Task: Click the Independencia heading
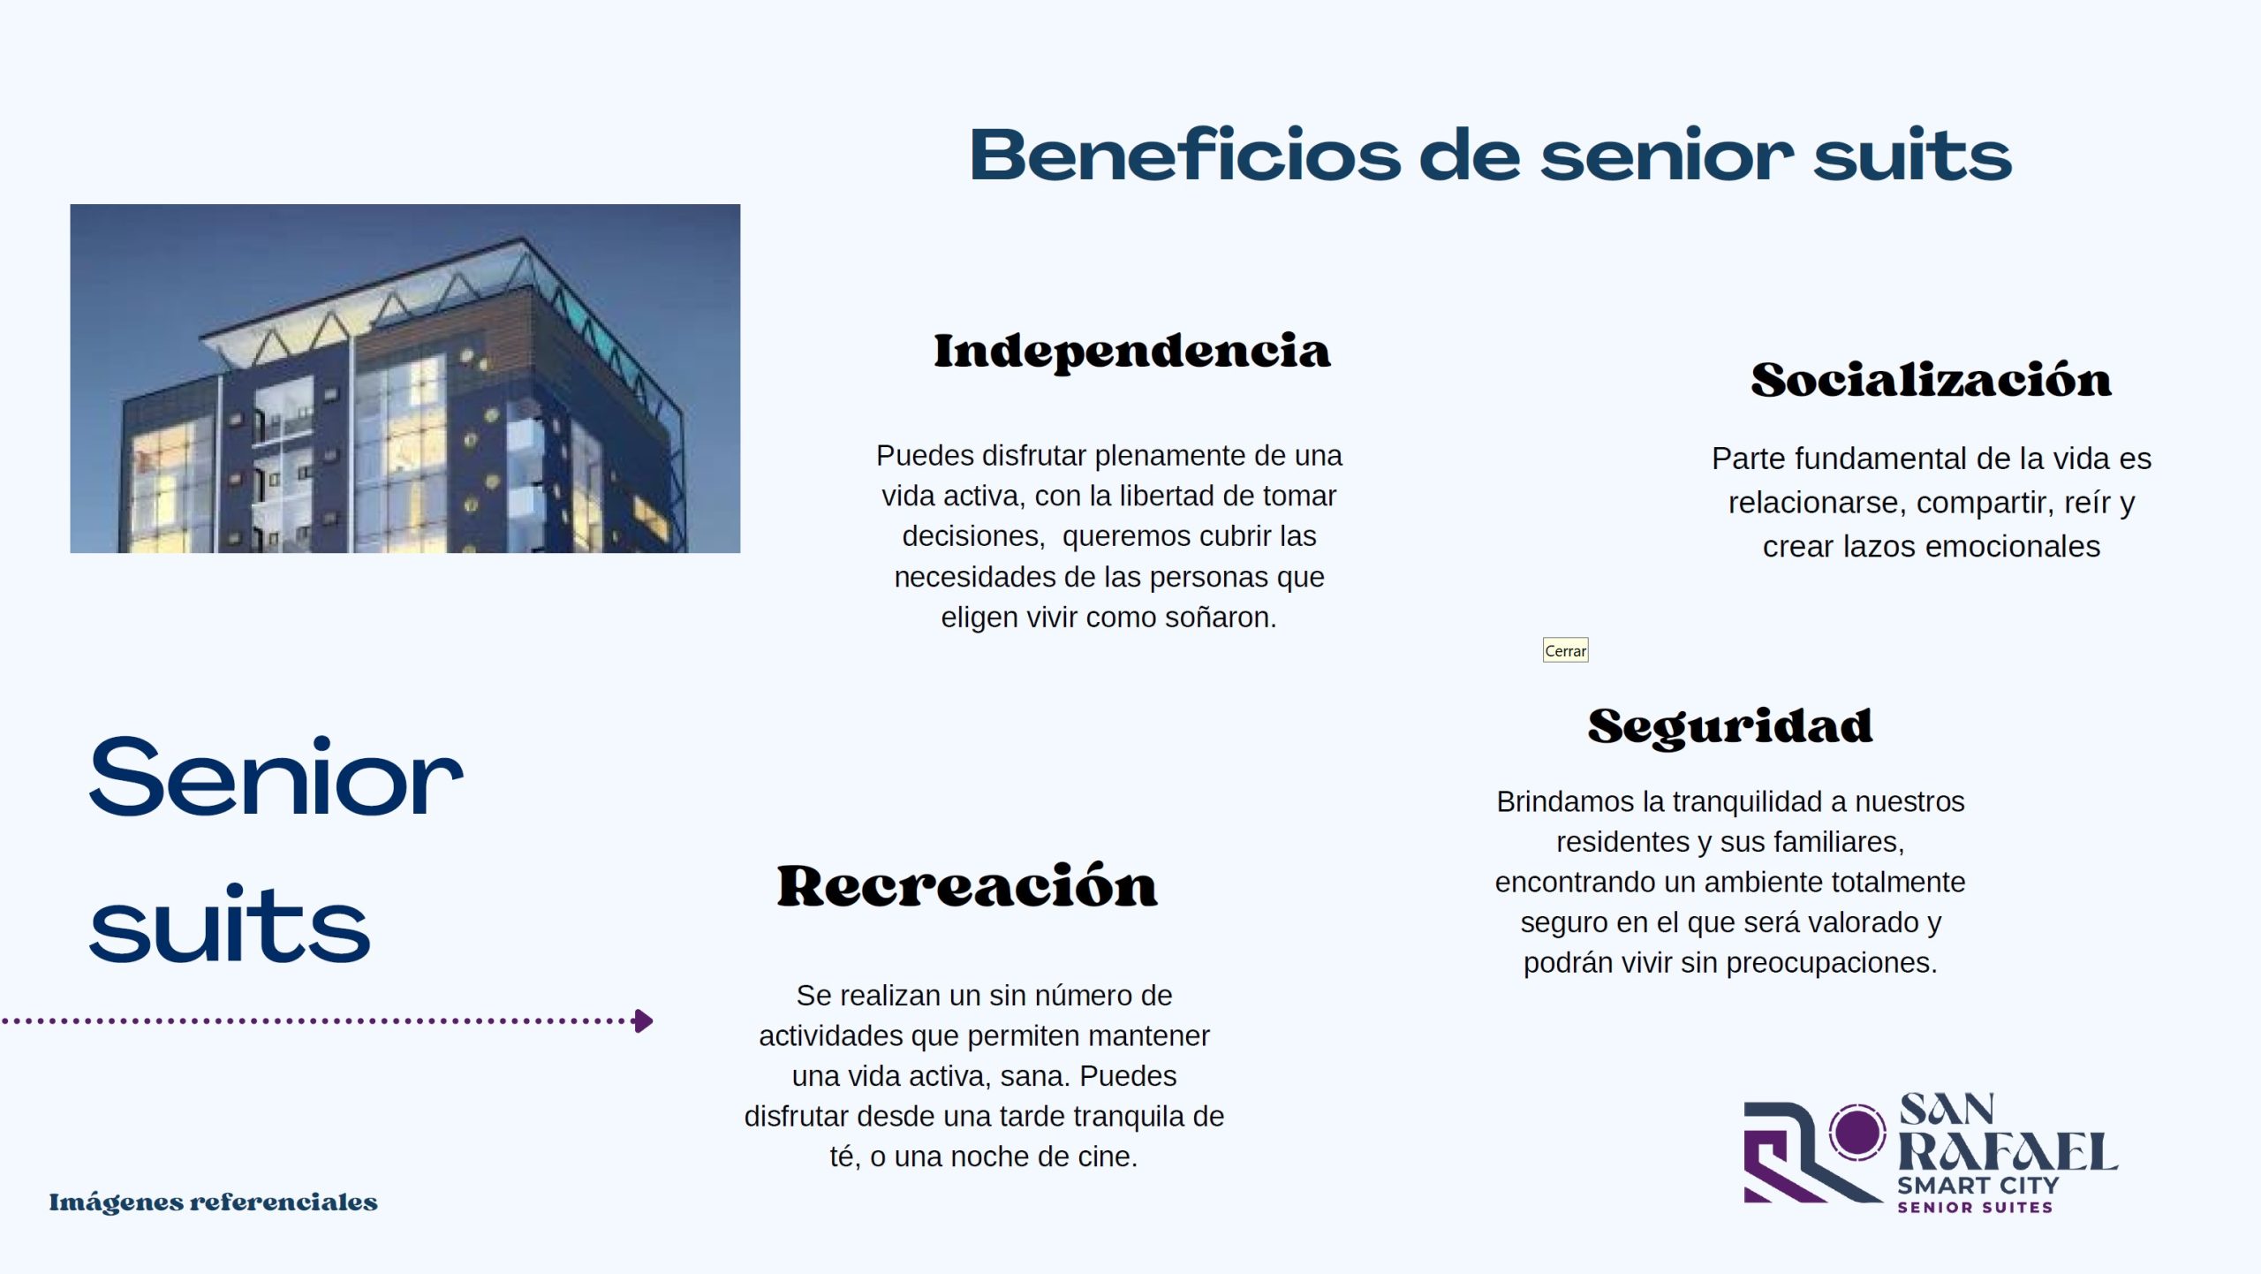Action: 1131,352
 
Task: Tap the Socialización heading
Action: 1932,379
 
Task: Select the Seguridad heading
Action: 1730,727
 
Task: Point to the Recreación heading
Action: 967,885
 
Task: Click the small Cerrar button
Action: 1565,650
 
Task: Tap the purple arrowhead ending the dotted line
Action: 644,1021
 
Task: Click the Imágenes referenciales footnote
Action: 213,1202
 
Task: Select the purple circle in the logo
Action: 1856,1132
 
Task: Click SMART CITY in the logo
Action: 1978,1185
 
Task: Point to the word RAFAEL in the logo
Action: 2008,1152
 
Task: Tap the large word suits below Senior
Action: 230,922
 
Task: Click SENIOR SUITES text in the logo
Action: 1975,1208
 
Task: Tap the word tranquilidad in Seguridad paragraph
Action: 1747,802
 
